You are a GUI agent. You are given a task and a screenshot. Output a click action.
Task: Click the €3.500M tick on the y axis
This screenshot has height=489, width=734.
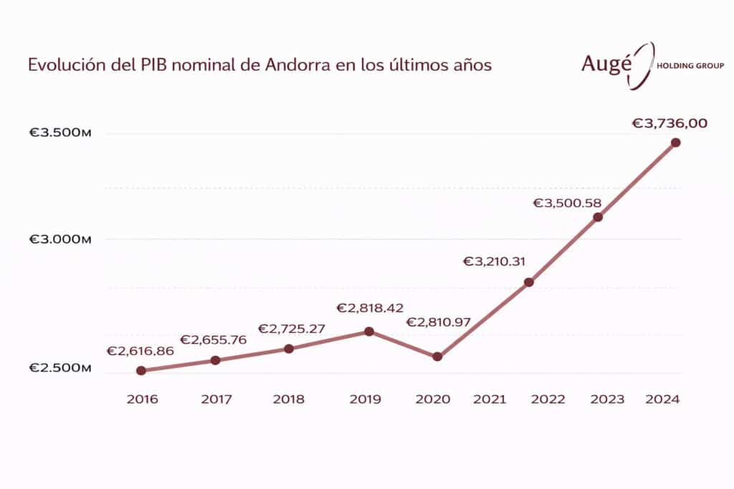coord(60,134)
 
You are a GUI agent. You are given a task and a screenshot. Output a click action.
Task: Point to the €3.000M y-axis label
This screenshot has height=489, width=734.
coord(60,239)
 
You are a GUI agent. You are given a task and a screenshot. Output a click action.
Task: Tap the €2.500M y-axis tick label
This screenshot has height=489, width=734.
coord(60,368)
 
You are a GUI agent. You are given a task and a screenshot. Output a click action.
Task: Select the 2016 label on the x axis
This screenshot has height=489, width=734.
coord(142,400)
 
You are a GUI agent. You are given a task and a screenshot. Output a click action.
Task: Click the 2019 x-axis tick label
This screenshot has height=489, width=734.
coord(365,400)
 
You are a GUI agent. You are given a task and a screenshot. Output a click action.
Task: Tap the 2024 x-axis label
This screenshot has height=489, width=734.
coord(662,400)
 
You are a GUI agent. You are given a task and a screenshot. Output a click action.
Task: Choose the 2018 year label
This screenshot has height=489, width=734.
coord(288,400)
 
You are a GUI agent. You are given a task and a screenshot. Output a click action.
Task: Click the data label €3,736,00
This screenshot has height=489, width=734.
coord(669,123)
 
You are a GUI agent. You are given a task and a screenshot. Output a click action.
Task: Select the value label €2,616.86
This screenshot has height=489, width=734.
coord(140,352)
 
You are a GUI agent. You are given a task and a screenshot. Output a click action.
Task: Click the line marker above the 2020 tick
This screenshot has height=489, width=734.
coord(437,357)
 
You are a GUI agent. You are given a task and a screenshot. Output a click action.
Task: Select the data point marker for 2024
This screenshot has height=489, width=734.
coord(675,142)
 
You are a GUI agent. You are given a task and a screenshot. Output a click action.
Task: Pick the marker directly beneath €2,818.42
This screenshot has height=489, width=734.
coord(369,331)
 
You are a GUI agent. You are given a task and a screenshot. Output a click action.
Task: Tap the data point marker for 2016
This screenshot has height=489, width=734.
coord(141,371)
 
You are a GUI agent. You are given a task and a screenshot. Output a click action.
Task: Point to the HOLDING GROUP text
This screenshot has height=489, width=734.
coord(690,66)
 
